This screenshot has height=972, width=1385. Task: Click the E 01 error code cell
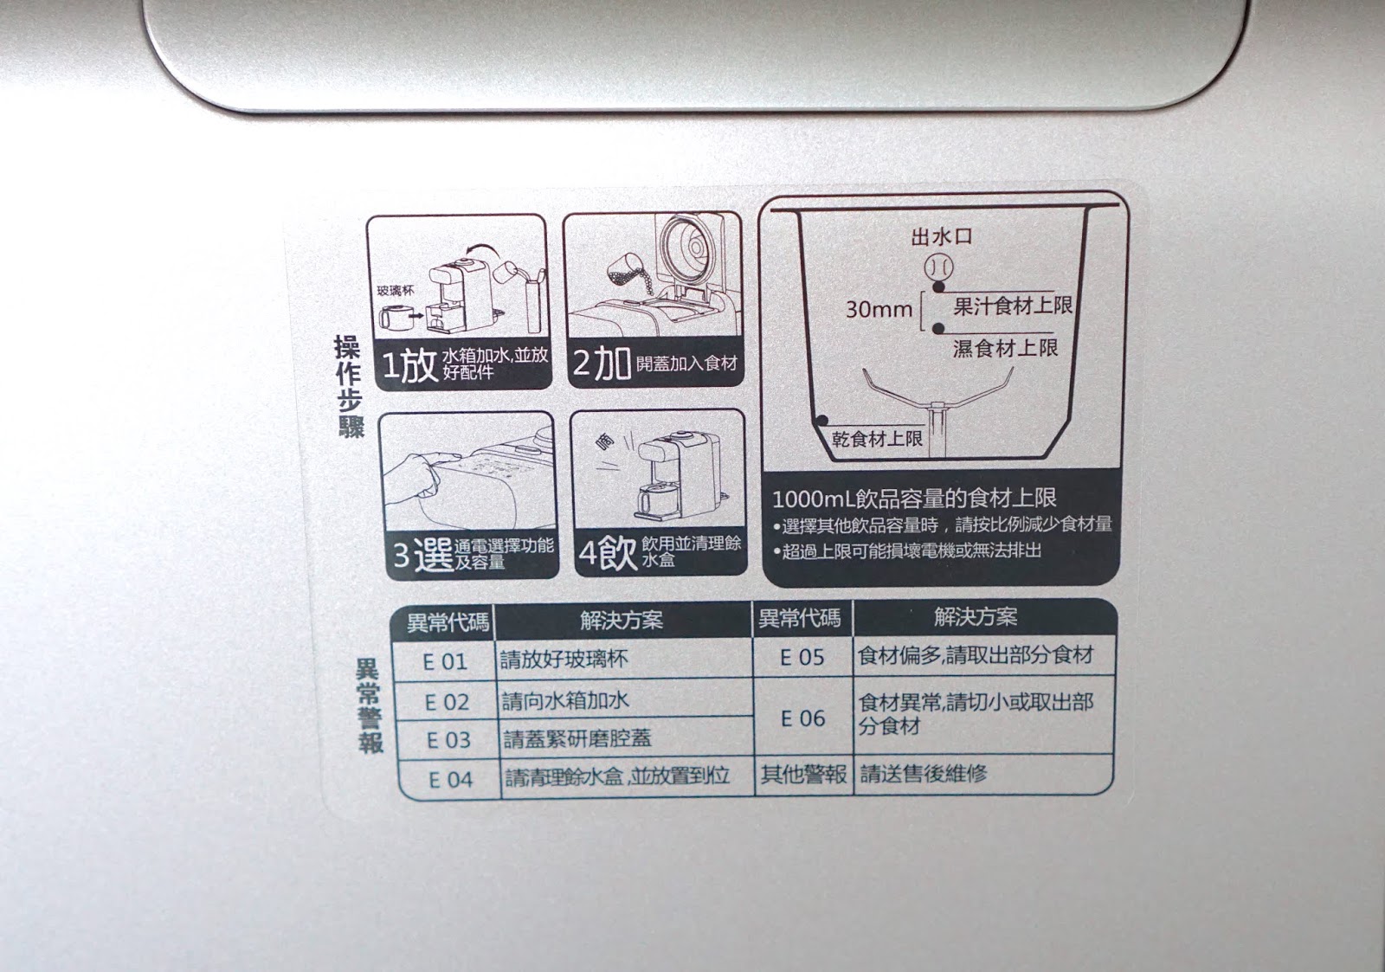tap(445, 661)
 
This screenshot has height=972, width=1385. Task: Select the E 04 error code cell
tap(450, 780)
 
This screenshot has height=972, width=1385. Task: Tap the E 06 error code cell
tap(802, 718)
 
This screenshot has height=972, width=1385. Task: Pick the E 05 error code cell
tap(802, 657)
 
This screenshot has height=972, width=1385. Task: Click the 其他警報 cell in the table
tap(803, 774)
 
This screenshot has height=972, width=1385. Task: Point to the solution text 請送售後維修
tap(923, 773)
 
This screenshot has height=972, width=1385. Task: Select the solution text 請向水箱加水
tap(565, 700)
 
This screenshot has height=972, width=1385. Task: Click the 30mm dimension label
tap(879, 309)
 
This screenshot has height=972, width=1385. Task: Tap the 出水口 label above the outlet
tap(942, 236)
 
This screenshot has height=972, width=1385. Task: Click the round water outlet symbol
tap(938, 268)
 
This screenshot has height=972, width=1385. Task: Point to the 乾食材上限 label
tap(877, 439)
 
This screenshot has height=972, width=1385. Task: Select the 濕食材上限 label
tap(1005, 348)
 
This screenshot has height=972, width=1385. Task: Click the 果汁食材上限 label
tap(1013, 306)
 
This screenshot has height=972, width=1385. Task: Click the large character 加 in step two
tap(611, 364)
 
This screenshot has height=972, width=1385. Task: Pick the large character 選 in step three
tap(433, 554)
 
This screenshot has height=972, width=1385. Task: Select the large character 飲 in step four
tap(615, 552)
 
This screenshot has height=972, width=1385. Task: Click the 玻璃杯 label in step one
tap(396, 291)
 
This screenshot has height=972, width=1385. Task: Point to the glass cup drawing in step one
tap(393, 319)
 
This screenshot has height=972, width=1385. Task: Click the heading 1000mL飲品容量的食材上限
tap(914, 498)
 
